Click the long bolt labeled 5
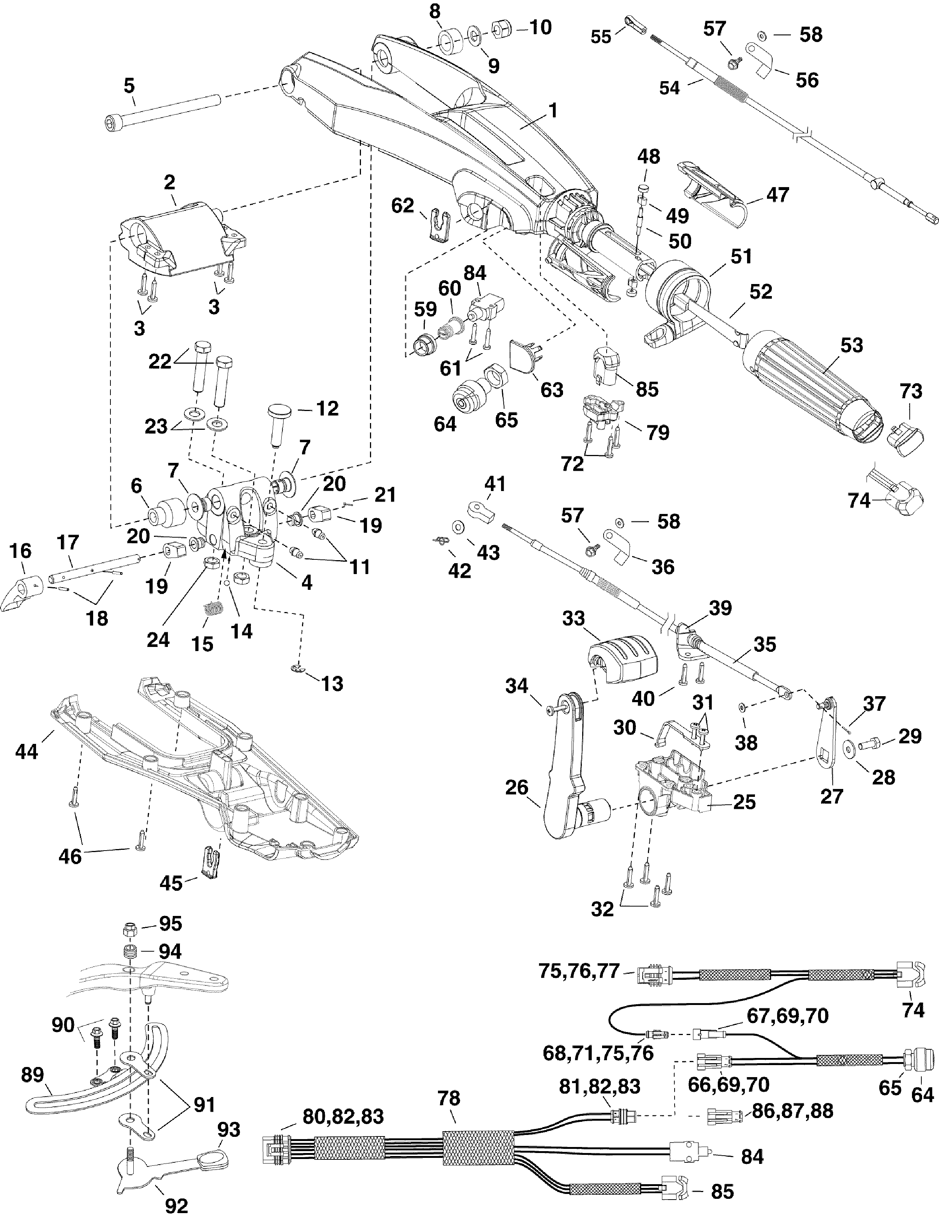pyautogui.click(x=165, y=110)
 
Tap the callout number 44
pyautogui.click(x=27, y=751)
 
